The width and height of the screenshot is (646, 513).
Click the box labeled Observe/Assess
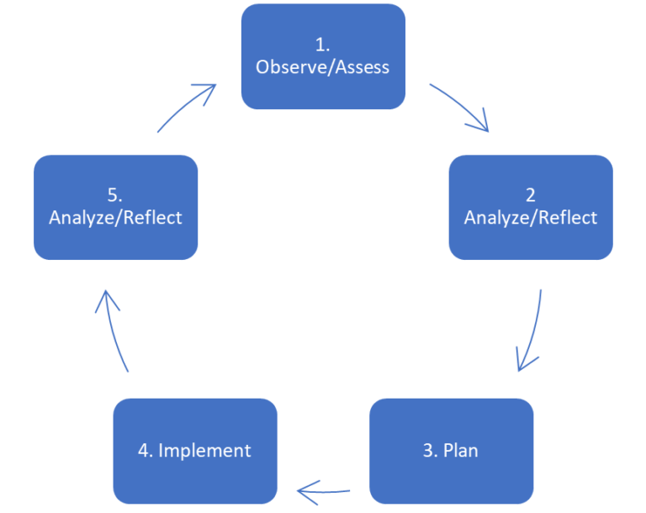pyautogui.click(x=323, y=57)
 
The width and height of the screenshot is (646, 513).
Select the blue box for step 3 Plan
pyautogui.click(x=451, y=450)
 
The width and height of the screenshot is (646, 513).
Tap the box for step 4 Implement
pyautogui.click(x=195, y=450)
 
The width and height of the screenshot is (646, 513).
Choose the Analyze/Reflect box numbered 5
pyautogui.click(x=115, y=207)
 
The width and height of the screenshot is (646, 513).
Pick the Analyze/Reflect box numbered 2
pyautogui.click(x=531, y=207)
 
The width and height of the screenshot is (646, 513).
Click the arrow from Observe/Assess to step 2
pyautogui.click(x=461, y=107)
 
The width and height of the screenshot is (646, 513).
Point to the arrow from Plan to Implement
pyautogui.click(x=324, y=489)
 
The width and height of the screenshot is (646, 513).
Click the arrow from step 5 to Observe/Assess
pyautogui.click(x=187, y=107)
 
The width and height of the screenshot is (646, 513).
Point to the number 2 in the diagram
pyautogui.click(x=531, y=196)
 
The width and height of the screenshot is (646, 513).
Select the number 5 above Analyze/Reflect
pyautogui.click(x=115, y=196)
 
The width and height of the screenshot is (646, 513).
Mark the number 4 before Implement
pyautogui.click(x=144, y=451)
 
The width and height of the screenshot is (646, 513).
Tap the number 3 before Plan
pyautogui.click(x=429, y=451)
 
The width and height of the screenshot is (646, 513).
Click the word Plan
pyautogui.click(x=461, y=451)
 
